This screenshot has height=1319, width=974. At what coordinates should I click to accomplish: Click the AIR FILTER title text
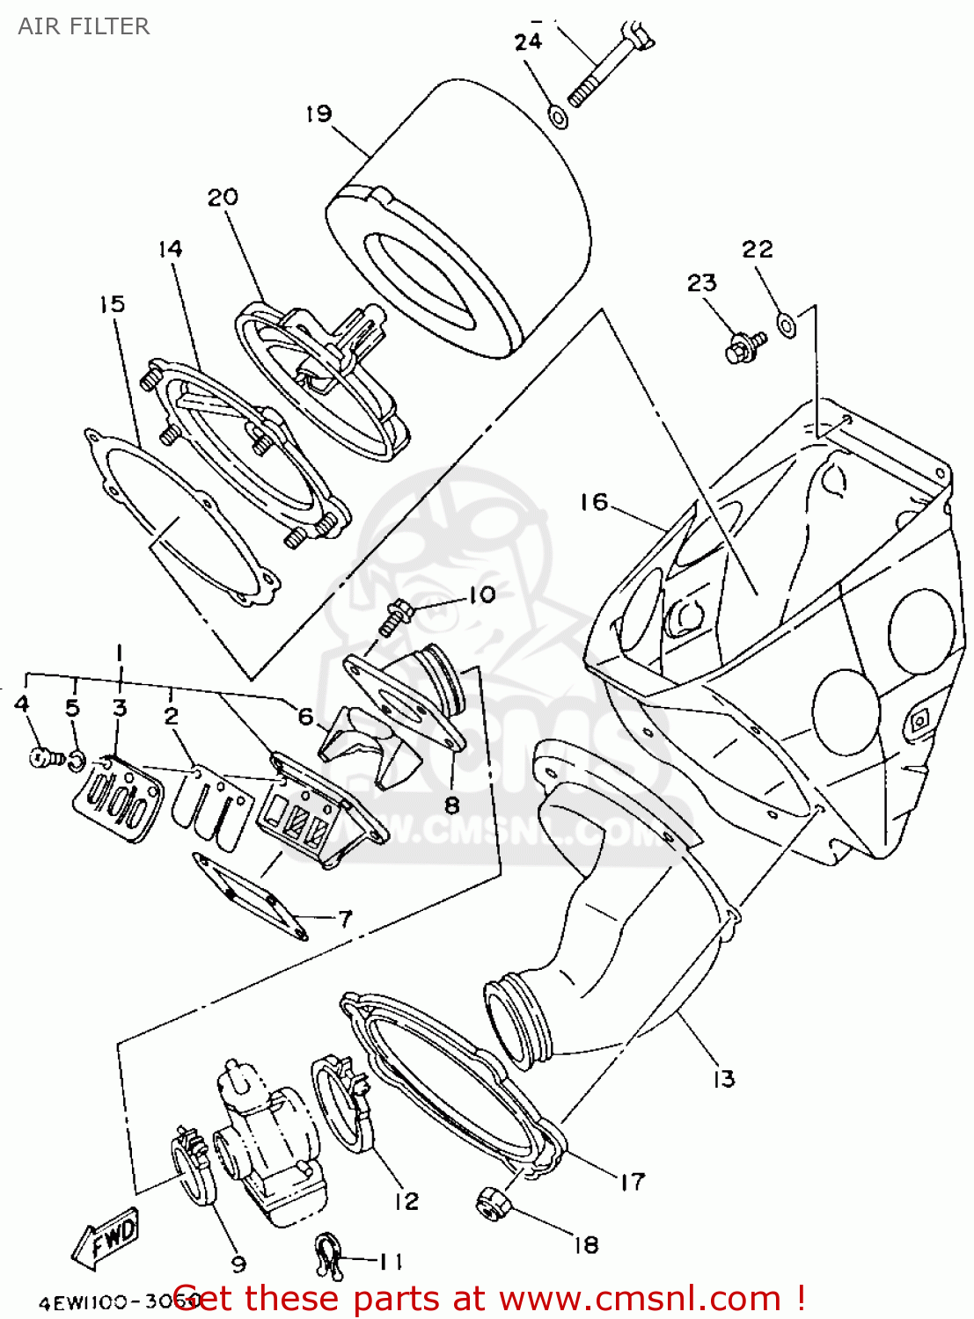(x=84, y=26)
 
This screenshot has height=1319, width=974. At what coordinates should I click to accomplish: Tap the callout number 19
(x=319, y=113)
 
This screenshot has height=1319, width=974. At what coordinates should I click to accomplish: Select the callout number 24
(x=528, y=41)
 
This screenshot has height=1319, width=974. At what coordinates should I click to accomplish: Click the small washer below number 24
(x=558, y=115)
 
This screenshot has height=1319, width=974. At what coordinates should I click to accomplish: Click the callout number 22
(x=757, y=250)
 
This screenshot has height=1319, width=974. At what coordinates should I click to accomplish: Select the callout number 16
(x=594, y=501)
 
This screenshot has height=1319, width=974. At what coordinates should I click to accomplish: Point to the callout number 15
(x=112, y=304)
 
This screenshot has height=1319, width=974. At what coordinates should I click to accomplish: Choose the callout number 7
(x=345, y=919)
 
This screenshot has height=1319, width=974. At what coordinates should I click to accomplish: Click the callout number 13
(x=723, y=1079)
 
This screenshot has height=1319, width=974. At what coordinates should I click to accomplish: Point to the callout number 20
(x=223, y=197)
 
